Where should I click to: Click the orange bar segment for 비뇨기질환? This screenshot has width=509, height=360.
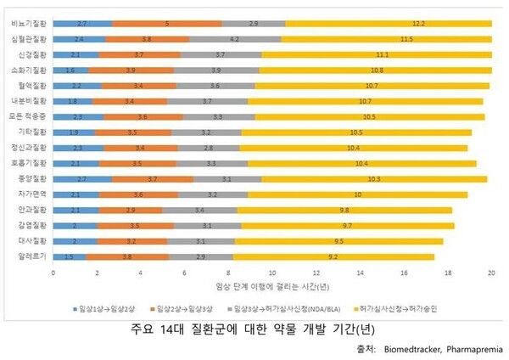167,23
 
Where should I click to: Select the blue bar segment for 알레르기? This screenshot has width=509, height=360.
69,256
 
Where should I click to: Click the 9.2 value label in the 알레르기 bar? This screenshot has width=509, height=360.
334,256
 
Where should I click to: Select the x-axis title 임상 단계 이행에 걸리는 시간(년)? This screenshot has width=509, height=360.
272,287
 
